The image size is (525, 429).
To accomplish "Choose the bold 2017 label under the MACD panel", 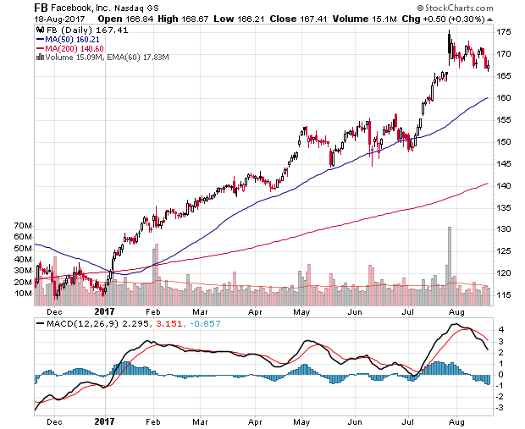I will pos(104,421).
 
